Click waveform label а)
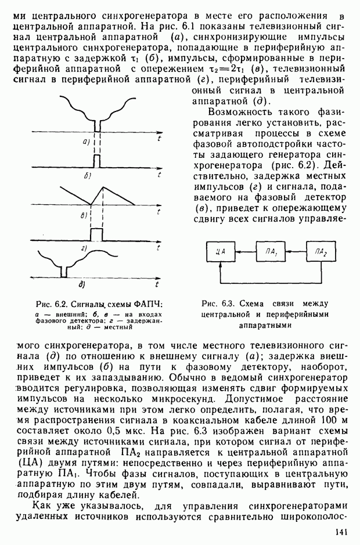85,142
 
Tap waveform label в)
84,216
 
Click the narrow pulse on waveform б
97,160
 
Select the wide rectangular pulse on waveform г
96,233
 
